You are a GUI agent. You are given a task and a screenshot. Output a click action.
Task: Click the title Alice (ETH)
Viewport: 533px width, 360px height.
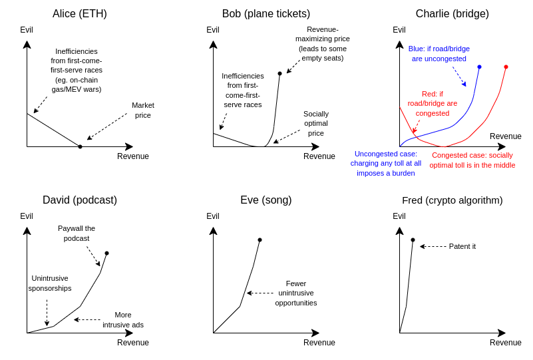(x=80, y=13)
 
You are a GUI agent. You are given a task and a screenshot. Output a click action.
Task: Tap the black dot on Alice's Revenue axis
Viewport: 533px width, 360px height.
(x=81, y=146)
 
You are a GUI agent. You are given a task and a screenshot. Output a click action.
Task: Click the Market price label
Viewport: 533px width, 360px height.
(x=143, y=110)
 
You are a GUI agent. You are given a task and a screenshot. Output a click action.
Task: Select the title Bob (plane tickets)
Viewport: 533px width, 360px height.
(x=266, y=13)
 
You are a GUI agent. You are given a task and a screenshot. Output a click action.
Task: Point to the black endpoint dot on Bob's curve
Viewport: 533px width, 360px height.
(x=279, y=73)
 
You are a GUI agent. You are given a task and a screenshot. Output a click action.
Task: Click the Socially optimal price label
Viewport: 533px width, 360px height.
(x=316, y=123)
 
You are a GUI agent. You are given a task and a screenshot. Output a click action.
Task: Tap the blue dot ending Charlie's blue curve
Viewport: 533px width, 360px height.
(x=479, y=67)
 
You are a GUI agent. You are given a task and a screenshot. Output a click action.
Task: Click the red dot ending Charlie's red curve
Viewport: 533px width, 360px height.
(x=506, y=67)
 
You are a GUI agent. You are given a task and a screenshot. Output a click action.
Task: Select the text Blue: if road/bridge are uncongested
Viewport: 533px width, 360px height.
(x=439, y=54)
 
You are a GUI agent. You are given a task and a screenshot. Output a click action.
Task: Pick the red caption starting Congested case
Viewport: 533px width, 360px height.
(x=472, y=160)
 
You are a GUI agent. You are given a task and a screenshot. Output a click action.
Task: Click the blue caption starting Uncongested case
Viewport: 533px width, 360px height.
(x=386, y=164)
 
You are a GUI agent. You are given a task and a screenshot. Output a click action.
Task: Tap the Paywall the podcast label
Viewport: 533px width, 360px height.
(x=77, y=233)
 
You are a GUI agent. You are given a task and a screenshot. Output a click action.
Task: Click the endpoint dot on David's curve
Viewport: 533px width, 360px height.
(x=106, y=254)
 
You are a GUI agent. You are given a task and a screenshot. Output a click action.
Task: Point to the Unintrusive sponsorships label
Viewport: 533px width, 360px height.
(x=50, y=283)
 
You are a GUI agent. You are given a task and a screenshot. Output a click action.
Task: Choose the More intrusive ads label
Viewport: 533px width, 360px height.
(x=123, y=320)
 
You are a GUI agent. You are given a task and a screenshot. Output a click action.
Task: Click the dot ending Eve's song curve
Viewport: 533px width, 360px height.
(x=260, y=240)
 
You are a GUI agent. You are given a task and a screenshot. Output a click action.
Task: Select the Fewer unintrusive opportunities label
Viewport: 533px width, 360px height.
(x=296, y=293)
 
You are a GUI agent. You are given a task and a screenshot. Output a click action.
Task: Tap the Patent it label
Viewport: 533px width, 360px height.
(x=462, y=246)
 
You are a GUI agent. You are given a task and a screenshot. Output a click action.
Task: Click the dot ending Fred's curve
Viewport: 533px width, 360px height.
(x=413, y=240)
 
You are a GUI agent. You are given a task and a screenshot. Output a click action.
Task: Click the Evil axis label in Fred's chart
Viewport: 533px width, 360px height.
(x=399, y=216)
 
